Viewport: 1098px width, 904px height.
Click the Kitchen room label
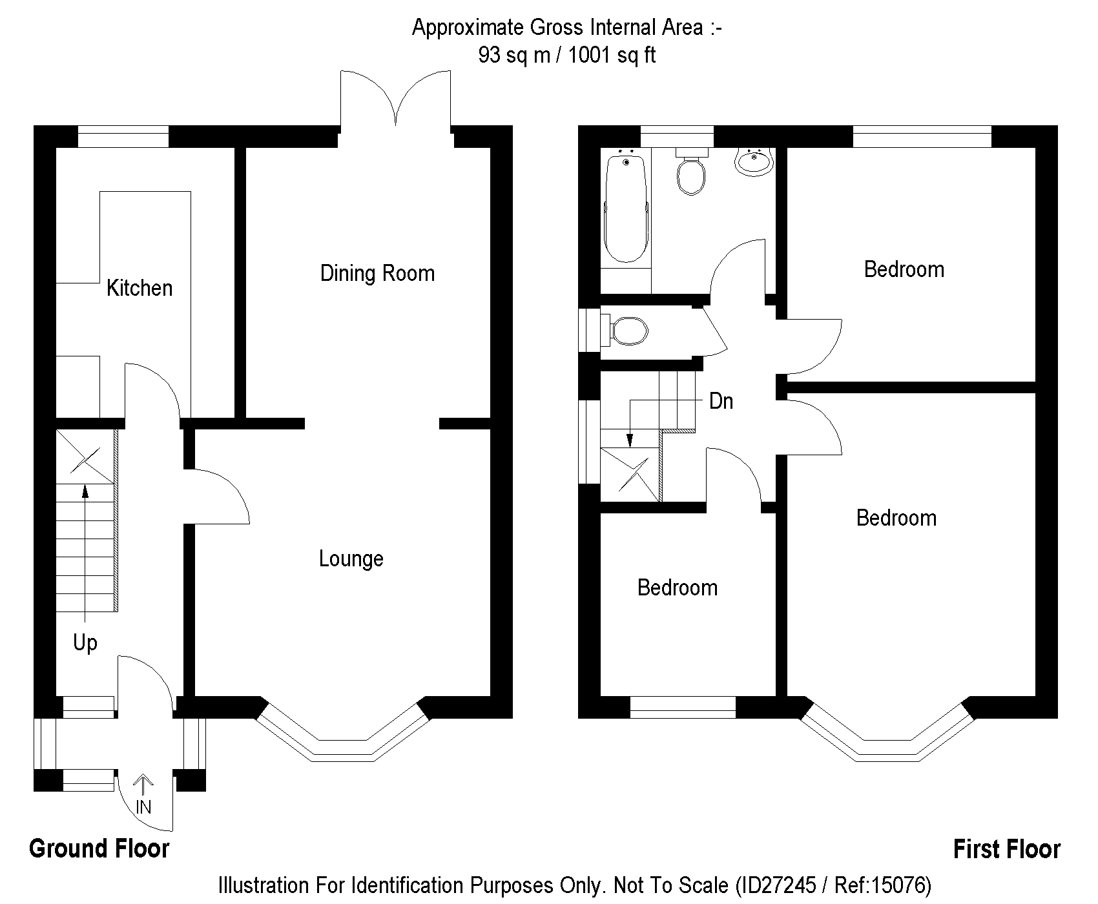click(140, 288)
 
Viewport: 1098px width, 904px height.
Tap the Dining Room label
click(377, 273)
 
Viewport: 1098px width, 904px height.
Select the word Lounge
click(351, 559)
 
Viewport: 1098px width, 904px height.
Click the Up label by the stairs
click(85, 642)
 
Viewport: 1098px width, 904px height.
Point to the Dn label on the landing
click(721, 401)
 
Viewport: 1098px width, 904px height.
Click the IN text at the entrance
click(143, 806)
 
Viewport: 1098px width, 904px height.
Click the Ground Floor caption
click(99, 848)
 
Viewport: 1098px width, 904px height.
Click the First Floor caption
click(1006, 849)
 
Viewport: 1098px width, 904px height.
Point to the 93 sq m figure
click(514, 55)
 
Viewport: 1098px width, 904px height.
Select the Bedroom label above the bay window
click(896, 518)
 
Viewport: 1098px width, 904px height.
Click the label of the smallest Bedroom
click(677, 588)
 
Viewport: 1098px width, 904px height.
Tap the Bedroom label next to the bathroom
click(904, 269)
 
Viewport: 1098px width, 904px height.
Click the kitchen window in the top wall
click(123, 137)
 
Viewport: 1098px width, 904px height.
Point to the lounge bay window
click(342, 743)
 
